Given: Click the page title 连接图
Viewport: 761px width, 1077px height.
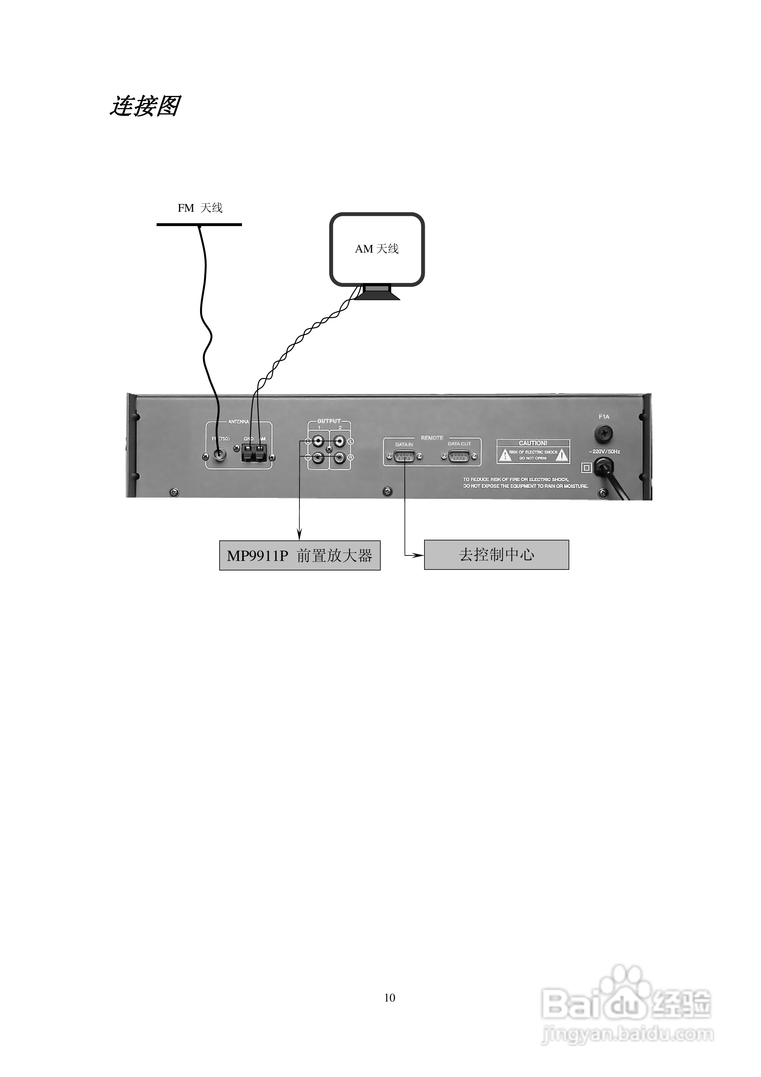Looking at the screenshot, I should point(144,106).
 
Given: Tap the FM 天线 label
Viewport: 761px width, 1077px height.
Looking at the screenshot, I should point(200,208).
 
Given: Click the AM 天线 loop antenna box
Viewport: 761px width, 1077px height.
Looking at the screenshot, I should point(377,249).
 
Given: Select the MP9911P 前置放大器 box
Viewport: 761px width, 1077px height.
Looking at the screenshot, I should point(299,556).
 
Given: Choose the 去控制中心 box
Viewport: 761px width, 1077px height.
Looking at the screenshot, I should point(496,555).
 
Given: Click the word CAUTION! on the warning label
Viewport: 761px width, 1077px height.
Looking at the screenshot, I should point(533,443).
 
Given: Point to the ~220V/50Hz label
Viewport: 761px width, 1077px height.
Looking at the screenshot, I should point(604,452).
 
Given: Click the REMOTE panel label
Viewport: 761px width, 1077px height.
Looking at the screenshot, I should point(432,438).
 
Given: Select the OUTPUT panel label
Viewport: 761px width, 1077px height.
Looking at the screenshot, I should point(329,421).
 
